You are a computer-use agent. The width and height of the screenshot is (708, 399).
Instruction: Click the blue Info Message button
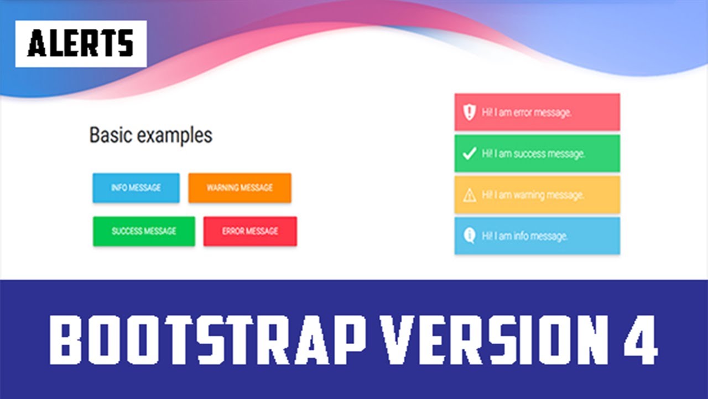(136, 188)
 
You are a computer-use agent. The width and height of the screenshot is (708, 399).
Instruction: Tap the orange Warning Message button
(240, 188)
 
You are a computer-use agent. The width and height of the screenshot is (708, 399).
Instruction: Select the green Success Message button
(144, 231)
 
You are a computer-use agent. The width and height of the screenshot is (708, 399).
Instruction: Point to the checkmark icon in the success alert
(469, 154)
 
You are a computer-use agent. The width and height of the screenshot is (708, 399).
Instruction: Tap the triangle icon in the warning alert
(469, 195)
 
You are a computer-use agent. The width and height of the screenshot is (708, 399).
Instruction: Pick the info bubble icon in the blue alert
(469, 236)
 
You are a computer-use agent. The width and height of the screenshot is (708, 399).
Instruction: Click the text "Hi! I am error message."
(526, 112)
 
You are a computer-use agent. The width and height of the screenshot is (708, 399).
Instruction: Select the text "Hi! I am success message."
(533, 154)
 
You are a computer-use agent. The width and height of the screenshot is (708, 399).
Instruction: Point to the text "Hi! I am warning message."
(533, 195)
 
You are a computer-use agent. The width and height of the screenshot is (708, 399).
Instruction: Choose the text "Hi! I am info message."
(524, 236)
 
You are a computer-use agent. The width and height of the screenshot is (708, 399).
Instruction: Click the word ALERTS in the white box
(81, 44)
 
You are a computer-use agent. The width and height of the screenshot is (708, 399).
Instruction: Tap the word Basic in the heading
(111, 135)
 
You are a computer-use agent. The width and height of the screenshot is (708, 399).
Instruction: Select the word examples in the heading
(174, 136)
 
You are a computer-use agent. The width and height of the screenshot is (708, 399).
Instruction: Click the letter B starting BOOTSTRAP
(69, 340)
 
